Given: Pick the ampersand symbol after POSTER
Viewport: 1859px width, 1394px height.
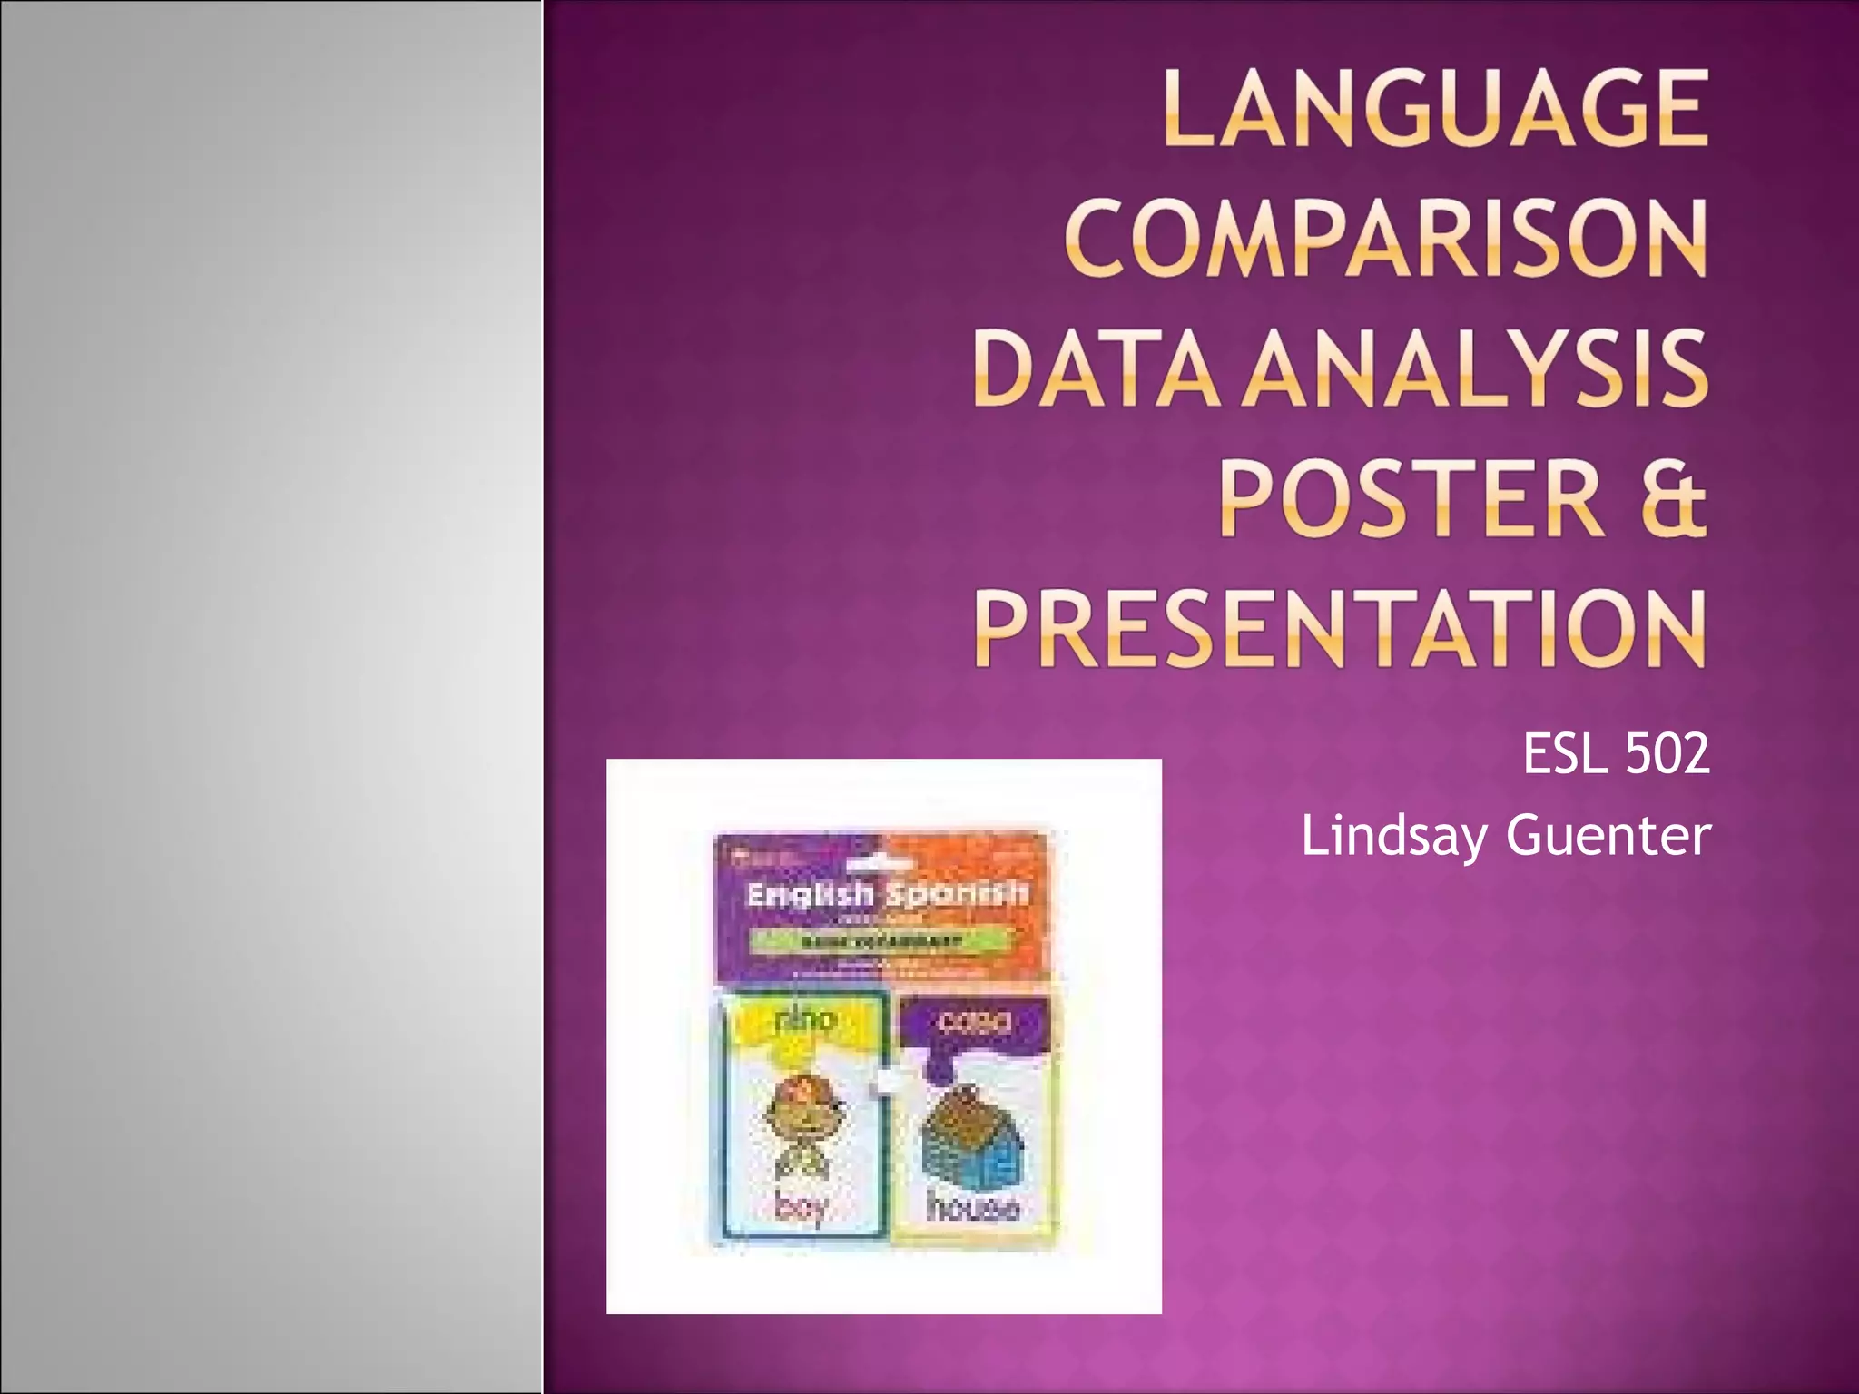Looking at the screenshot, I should coord(1671,498).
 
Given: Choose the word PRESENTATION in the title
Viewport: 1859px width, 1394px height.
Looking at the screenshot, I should coord(1340,628).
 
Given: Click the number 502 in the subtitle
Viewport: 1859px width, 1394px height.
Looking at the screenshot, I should coord(1667,754).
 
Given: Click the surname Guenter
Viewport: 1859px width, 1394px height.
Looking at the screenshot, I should coord(1608,836).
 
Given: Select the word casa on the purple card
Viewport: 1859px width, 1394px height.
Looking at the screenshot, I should coord(974,1021).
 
